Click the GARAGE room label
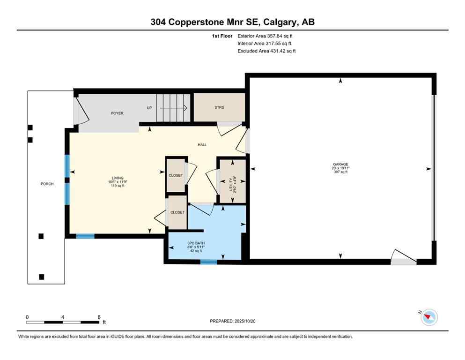tap(340, 164)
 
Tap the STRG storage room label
tap(219, 107)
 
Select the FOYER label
tap(117, 113)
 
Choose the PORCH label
tap(47, 184)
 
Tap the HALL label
tap(202, 145)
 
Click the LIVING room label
tap(118, 178)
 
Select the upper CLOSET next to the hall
tap(176, 175)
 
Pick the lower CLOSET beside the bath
tap(177, 212)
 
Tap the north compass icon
tap(429, 317)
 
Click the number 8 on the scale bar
tap(99, 317)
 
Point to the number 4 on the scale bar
tap(63, 317)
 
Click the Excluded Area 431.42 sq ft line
tap(266, 51)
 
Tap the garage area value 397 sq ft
tap(340, 172)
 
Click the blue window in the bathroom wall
tap(208, 262)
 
